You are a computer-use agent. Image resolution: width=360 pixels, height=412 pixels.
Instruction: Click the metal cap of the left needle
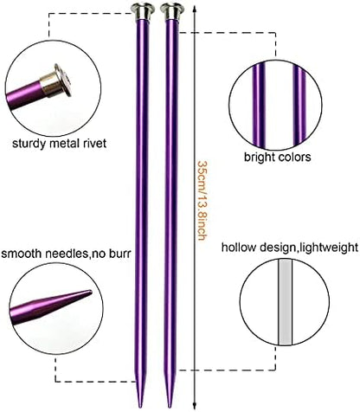[x=142, y=11]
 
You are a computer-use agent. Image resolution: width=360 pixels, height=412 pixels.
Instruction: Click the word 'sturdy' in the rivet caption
[x=29, y=144]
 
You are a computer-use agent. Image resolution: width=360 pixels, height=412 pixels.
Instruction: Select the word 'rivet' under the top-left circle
[x=94, y=143]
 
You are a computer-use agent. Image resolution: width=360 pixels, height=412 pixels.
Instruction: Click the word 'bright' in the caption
[x=260, y=158]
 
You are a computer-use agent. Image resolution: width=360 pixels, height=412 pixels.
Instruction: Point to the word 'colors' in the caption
[x=294, y=158]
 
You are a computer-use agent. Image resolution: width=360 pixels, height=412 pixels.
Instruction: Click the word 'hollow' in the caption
[x=239, y=248]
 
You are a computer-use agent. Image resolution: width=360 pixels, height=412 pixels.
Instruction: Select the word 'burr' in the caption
[x=120, y=254]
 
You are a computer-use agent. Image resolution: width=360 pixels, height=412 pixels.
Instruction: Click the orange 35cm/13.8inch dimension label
[x=202, y=201]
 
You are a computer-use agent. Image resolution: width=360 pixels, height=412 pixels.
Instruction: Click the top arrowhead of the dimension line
[x=195, y=8]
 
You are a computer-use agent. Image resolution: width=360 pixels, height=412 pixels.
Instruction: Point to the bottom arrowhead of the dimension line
[x=195, y=405]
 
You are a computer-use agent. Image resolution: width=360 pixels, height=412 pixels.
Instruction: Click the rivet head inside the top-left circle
[x=64, y=80]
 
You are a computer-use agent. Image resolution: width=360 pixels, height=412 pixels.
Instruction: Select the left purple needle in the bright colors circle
[x=259, y=105]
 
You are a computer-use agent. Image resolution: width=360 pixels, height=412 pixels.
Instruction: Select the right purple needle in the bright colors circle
[x=299, y=106]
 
